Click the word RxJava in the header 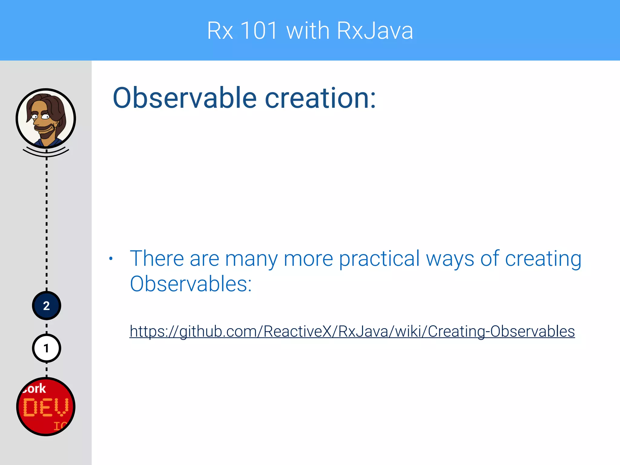pyautogui.click(x=375, y=31)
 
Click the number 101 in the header pyautogui.click(x=259, y=31)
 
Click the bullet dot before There pyautogui.click(x=111, y=259)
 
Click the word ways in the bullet pyautogui.click(x=450, y=259)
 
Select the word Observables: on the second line pyautogui.click(x=191, y=284)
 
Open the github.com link pyautogui.click(x=352, y=331)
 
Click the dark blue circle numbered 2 pyautogui.click(x=46, y=306)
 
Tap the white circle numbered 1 pyautogui.click(x=46, y=348)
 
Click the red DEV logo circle pyautogui.click(x=46, y=407)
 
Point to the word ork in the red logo pyautogui.click(x=35, y=389)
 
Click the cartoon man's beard pyautogui.click(x=45, y=133)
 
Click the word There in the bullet pyautogui.click(x=157, y=259)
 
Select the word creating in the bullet pyautogui.click(x=543, y=259)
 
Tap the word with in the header pyautogui.click(x=308, y=31)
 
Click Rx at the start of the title pyautogui.click(x=220, y=31)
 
